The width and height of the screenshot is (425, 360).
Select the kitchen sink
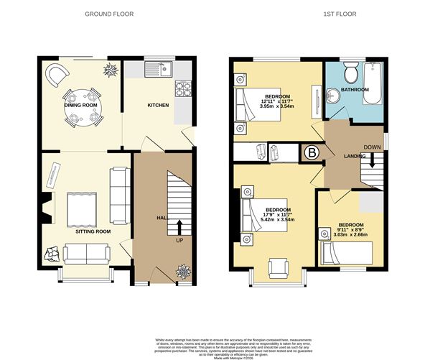[x=156, y=70]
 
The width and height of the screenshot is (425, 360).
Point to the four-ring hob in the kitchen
[x=182, y=90]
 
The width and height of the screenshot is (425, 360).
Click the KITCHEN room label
[x=158, y=105]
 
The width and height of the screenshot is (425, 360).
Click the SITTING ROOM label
[x=93, y=232]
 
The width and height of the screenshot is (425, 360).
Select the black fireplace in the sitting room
[x=47, y=207]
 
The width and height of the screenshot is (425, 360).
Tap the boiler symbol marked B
[x=312, y=152]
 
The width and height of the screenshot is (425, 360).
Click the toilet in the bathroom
[x=352, y=73]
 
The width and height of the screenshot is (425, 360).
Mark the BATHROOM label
[x=355, y=90]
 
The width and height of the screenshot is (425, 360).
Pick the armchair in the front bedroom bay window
[x=277, y=267]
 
